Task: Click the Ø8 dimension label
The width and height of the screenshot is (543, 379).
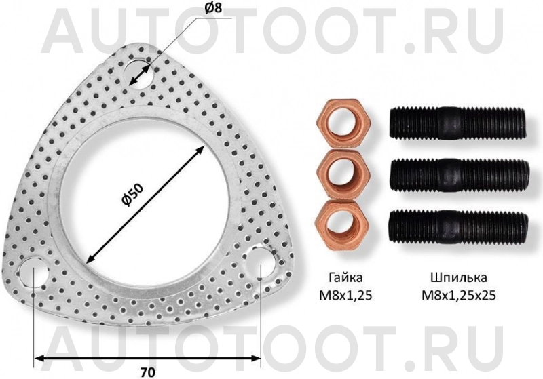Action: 213,7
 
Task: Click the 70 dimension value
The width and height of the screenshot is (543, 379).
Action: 148,372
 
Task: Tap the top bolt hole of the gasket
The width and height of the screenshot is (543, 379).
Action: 138,74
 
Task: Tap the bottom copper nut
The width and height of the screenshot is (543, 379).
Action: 342,223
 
